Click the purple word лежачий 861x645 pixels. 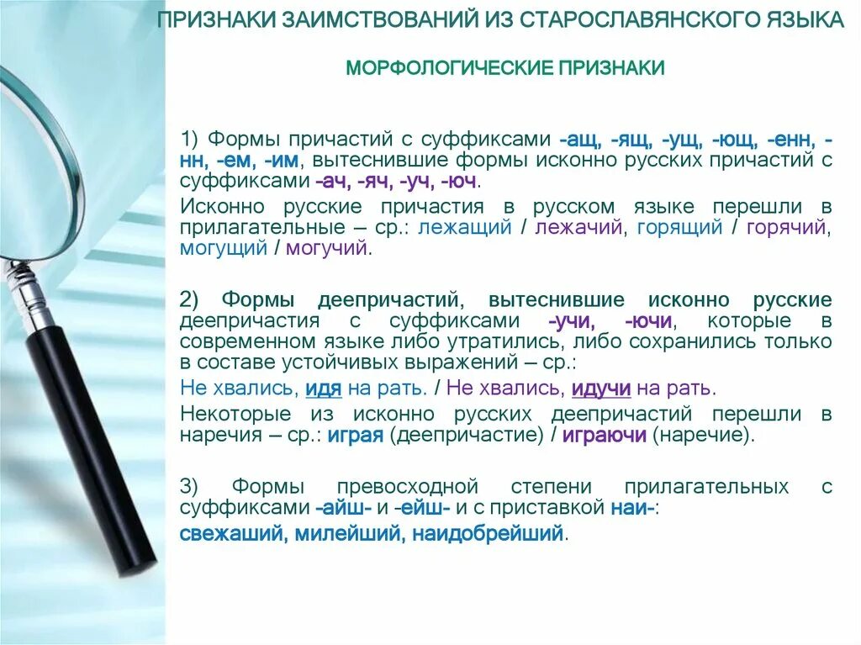coord(578,227)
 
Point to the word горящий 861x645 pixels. coord(679,227)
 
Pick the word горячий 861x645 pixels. coord(787,227)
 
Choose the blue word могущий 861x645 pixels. coord(223,248)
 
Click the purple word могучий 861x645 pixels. coord(327,248)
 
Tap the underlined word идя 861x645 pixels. coord(322,389)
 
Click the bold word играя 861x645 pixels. coord(355,436)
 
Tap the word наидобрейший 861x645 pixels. coord(479,534)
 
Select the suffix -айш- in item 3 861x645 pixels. coord(344,508)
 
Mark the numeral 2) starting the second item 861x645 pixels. coord(189,299)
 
